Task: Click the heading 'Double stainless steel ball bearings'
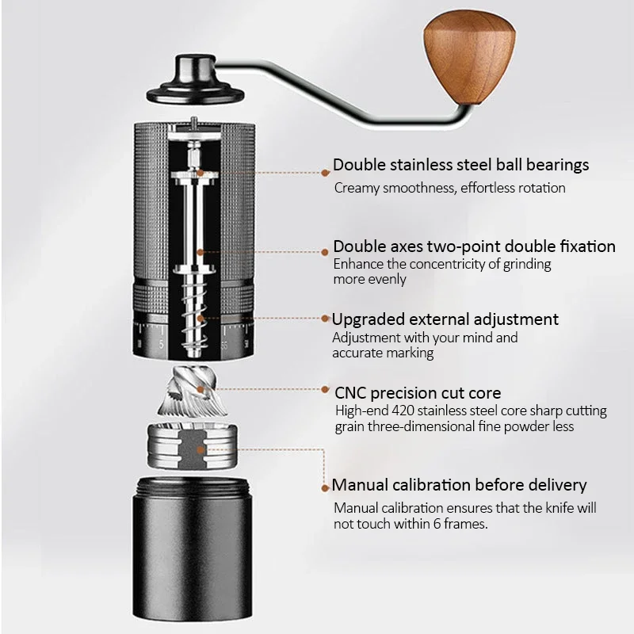pyautogui.click(x=460, y=165)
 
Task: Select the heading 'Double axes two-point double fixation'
pyautogui.click(x=474, y=246)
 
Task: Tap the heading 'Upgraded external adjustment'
pyautogui.click(x=445, y=319)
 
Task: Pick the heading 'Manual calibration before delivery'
pyautogui.click(x=460, y=485)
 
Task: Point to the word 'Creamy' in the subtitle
pyautogui.click(x=356, y=189)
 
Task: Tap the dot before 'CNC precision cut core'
pyautogui.click(x=327, y=391)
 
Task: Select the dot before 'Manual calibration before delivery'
pyautogui.click(x=325, y=487)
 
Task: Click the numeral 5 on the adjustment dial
pyautogui.click(x=161, y=346)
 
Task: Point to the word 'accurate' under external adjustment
pyautogui.click(x=357, y=353)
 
